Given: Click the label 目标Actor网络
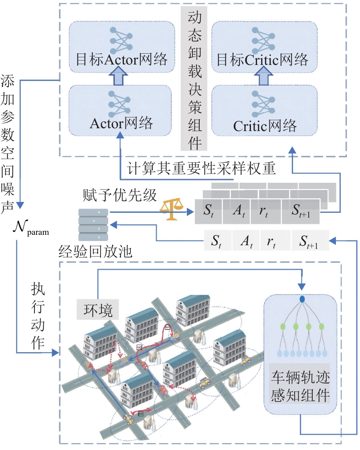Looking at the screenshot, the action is (x=121, y=60).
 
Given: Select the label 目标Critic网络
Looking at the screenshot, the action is (x=262, y=60).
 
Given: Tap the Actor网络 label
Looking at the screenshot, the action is (x=121, y=123).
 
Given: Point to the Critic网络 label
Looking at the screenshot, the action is (x=265, y=126).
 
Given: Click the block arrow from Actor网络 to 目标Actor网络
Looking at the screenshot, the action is (x=119, y=75).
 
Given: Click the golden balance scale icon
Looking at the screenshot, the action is (x=172, y=209).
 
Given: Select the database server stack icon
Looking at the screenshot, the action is (x=93, y=225).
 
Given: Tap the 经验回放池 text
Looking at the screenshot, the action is (x=95, y=252).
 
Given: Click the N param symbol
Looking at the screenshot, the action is (x=31, y=228).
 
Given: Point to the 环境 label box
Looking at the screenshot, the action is (x=97, y=309).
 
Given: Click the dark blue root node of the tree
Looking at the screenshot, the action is (x=302, y=299).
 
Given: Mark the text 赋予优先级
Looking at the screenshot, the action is (x=120, y=195).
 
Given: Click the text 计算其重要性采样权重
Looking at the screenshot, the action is (x=201, y=168).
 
